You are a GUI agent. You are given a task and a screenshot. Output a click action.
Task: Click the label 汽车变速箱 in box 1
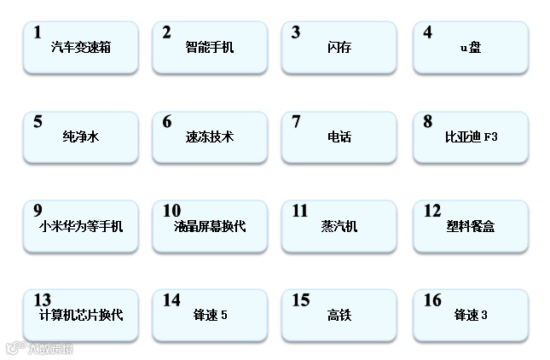[81, 47]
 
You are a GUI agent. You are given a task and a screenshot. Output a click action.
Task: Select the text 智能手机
[210, 47]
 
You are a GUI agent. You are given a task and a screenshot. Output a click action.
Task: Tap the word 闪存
[339, 47]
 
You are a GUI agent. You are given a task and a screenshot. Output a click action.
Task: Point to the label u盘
[471, 47]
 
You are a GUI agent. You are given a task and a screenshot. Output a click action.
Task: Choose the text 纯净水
[81, 136]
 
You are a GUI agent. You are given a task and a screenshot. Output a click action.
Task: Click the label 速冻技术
[210, 136]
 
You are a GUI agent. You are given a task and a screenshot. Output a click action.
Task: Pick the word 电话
[339, 136]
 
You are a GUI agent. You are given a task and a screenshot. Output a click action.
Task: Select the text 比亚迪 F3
[471, 136]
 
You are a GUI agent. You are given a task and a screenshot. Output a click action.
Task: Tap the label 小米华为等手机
[81, 226]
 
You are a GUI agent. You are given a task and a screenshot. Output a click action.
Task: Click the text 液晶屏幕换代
[210, 226]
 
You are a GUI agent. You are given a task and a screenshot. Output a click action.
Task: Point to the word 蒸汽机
[339, 226]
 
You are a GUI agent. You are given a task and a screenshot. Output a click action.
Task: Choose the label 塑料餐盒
[471, 226]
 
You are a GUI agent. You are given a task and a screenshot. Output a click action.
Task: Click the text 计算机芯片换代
[81, 315]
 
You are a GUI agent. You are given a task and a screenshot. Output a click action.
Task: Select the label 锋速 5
[210, 316]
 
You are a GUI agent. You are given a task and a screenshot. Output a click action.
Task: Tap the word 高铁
[339, 316]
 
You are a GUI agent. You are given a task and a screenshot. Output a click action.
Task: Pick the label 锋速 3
[471, 316]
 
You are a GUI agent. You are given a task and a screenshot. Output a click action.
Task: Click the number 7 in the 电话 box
[296, 122]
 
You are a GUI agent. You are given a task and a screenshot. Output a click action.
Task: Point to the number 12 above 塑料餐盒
[432, 211]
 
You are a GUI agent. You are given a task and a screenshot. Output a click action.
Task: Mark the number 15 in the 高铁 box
[301, 300]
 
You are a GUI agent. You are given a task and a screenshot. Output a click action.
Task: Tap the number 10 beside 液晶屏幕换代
[171, 211]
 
